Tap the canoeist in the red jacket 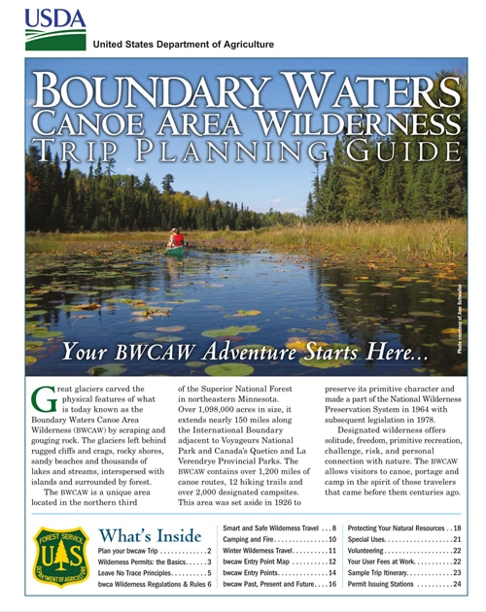tap(176, 239)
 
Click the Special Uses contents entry tap(402, 539)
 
